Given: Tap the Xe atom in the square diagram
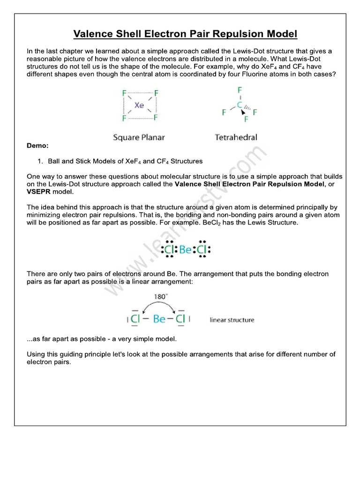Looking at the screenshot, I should [x=139, y=105].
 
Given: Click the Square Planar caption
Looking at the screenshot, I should [x=139, y=137].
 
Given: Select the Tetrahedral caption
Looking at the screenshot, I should [x=236, y=137].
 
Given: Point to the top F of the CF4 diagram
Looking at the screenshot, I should [x=240, y=89].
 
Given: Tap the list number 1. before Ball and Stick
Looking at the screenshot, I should [x=40, y=161].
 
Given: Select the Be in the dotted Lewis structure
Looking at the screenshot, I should [x=186, y=250].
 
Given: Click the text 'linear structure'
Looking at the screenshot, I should [x=232, y=320].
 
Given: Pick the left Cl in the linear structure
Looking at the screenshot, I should [x=135, y=320].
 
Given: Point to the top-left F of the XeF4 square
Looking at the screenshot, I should [x=124, y=93].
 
